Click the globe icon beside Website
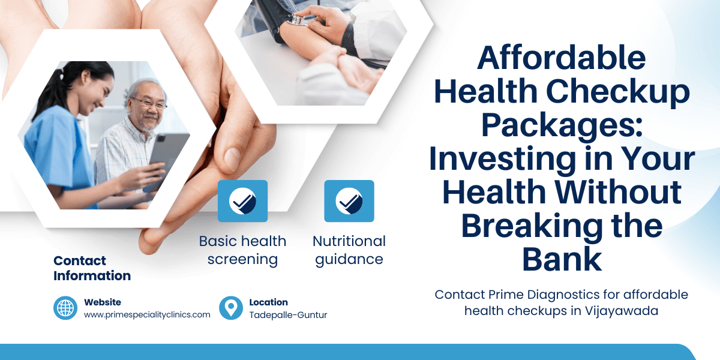pyautogui.click(x=65, y=308)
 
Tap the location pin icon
pyautogui.click(x=231, y=308)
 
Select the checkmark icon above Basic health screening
pyautogui.click(x=242, y=201)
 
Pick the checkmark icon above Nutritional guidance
pyautogui.click(x=349, y=201)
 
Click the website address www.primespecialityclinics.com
pyautogui.click(x=147, y=314)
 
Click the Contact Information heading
pyautogui.click(x=92, y=268)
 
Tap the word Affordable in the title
pyautogui.click(x=562, y=58)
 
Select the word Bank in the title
pyautogui.click(x=562, y=259)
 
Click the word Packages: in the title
pyautogui.click(x=562, y=125)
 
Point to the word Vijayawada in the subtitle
pyautogui.click(x=625, y=312)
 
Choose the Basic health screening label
pyautogui.click(x=242, y=250)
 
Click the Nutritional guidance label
pyautogui.click(x=349, y=250)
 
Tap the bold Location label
pyautogui.click(x=268, y=302)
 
